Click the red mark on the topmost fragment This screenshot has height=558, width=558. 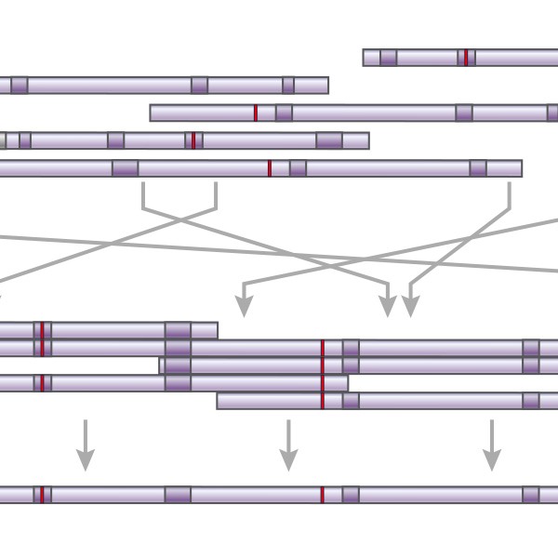pyautogui.click(x=466, y=58)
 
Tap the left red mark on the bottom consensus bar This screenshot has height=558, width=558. pyautogui.click(x=42, y=495)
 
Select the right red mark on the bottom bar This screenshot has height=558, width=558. pyautogui.click(x=323, y=495)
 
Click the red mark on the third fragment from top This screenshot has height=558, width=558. pyautogui.click(x=256, y=113)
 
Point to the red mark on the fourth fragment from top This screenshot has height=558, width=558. pyautogui.click(x=193, y=140)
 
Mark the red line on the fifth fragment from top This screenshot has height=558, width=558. pyautogui.click(x=270, y=168)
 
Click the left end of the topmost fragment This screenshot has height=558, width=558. pyautogui.click(x=365, y=58)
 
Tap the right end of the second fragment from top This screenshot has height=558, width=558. pyautogui.click(x=327, y=86)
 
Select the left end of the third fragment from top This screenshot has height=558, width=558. pyautogui.click(x=152, y=113)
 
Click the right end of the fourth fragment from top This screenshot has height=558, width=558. pyautogui.click(x=367, y=140)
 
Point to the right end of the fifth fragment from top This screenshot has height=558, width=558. pyautogui.click(x=521, y=168)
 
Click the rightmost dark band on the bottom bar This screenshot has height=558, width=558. pyautogui.click(x=531, y=495)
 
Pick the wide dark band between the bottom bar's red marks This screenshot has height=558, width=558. pyautogui.click(x=178, y=495)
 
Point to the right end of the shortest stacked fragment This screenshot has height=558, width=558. pyautogui.click(x=216, y=330)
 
